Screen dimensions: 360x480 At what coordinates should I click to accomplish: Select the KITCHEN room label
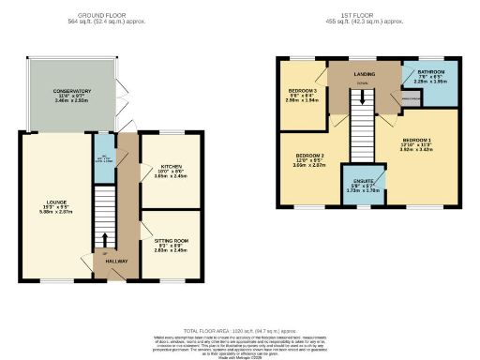pos(170,166)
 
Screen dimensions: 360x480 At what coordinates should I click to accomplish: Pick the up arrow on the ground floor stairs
pos(105,238)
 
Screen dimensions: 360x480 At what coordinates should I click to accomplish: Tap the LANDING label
pos(365,73)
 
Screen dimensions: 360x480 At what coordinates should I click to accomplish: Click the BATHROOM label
pos(432,75)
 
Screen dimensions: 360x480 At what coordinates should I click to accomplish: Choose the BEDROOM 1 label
pos(419,139)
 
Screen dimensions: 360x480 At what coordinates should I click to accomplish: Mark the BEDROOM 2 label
pos(310,156)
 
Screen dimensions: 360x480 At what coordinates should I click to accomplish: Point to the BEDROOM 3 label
pos(302,91)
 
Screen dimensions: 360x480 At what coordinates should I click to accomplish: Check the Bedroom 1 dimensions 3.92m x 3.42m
pos(419,148)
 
